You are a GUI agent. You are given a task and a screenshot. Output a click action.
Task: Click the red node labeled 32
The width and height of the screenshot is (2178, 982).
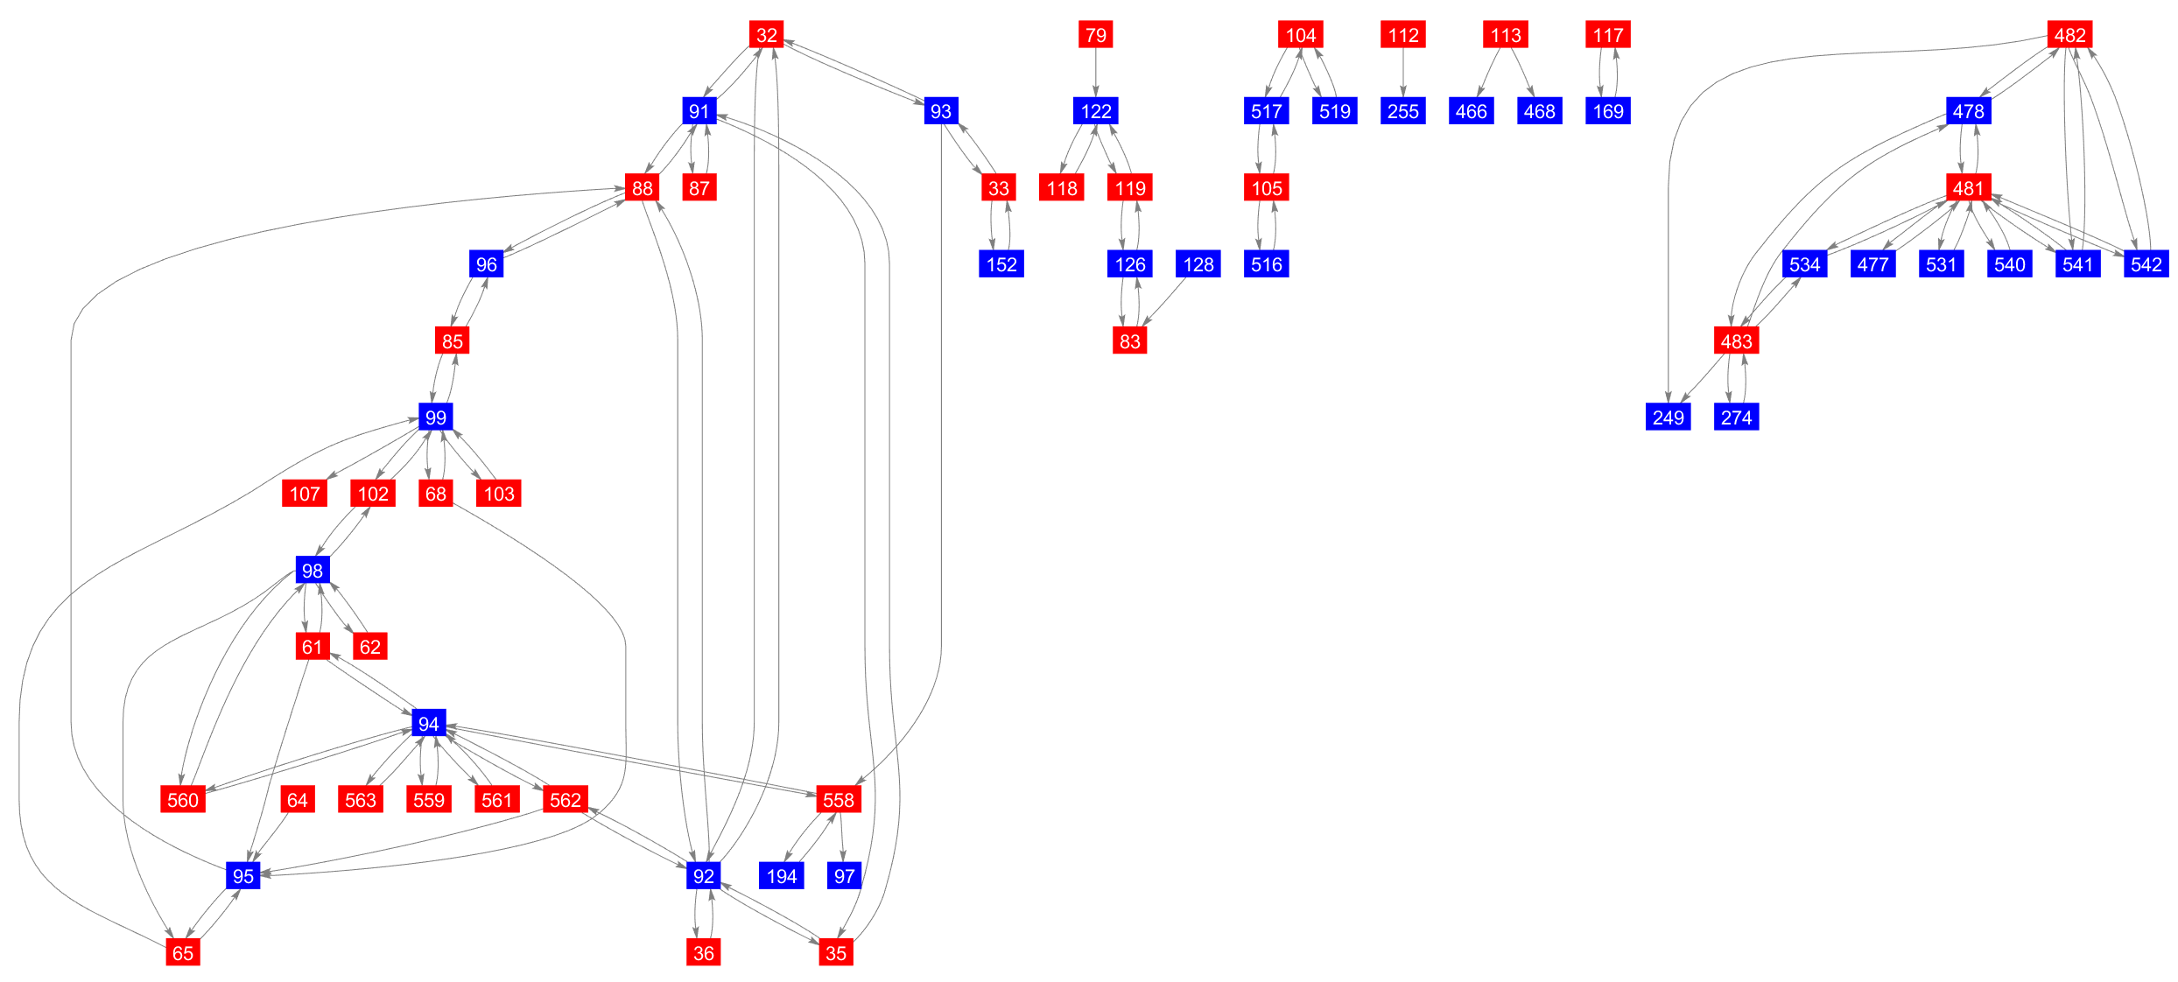point(766,35)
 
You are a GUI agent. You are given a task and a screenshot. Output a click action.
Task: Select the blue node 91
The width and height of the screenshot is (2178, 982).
point(699,111)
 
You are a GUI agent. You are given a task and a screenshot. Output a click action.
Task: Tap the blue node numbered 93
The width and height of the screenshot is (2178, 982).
point(940,111)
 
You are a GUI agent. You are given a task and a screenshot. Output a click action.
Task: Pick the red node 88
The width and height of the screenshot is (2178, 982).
point(643,187)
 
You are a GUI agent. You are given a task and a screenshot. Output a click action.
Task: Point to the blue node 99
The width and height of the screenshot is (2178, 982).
point(435,417)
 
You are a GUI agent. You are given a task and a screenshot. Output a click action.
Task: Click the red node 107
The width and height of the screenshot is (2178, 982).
point(305,494)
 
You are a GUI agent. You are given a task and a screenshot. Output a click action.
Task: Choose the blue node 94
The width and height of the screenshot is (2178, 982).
point(428,723)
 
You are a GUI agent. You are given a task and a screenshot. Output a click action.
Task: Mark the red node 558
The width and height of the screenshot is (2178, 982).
point(838,799)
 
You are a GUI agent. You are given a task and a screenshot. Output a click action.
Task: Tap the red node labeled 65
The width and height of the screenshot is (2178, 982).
point(183,952)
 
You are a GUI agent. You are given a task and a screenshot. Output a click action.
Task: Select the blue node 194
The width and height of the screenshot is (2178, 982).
point(781,875)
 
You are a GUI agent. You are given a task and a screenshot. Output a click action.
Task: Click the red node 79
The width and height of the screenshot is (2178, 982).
point(1095,35)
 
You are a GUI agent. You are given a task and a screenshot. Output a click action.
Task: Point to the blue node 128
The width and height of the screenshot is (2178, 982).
point(1198,264)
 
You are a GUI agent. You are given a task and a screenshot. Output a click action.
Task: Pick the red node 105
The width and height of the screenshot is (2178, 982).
point(1266,187)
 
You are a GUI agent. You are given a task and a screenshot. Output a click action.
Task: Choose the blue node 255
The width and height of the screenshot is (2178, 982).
point(1402,111)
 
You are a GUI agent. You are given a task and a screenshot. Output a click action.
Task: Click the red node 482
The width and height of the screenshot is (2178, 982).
point(2069,35)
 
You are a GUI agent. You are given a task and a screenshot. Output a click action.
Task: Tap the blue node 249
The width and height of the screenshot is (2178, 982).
point(1668,417)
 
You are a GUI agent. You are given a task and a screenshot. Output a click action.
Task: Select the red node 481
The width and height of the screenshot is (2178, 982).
point(1968,187)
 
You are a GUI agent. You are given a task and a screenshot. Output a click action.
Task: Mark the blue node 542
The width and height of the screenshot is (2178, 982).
point(2146,264)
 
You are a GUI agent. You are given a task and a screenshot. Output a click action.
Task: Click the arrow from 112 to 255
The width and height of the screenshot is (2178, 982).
point(1402,73)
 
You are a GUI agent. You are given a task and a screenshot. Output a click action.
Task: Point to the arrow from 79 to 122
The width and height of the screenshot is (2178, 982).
point(1095,73)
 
